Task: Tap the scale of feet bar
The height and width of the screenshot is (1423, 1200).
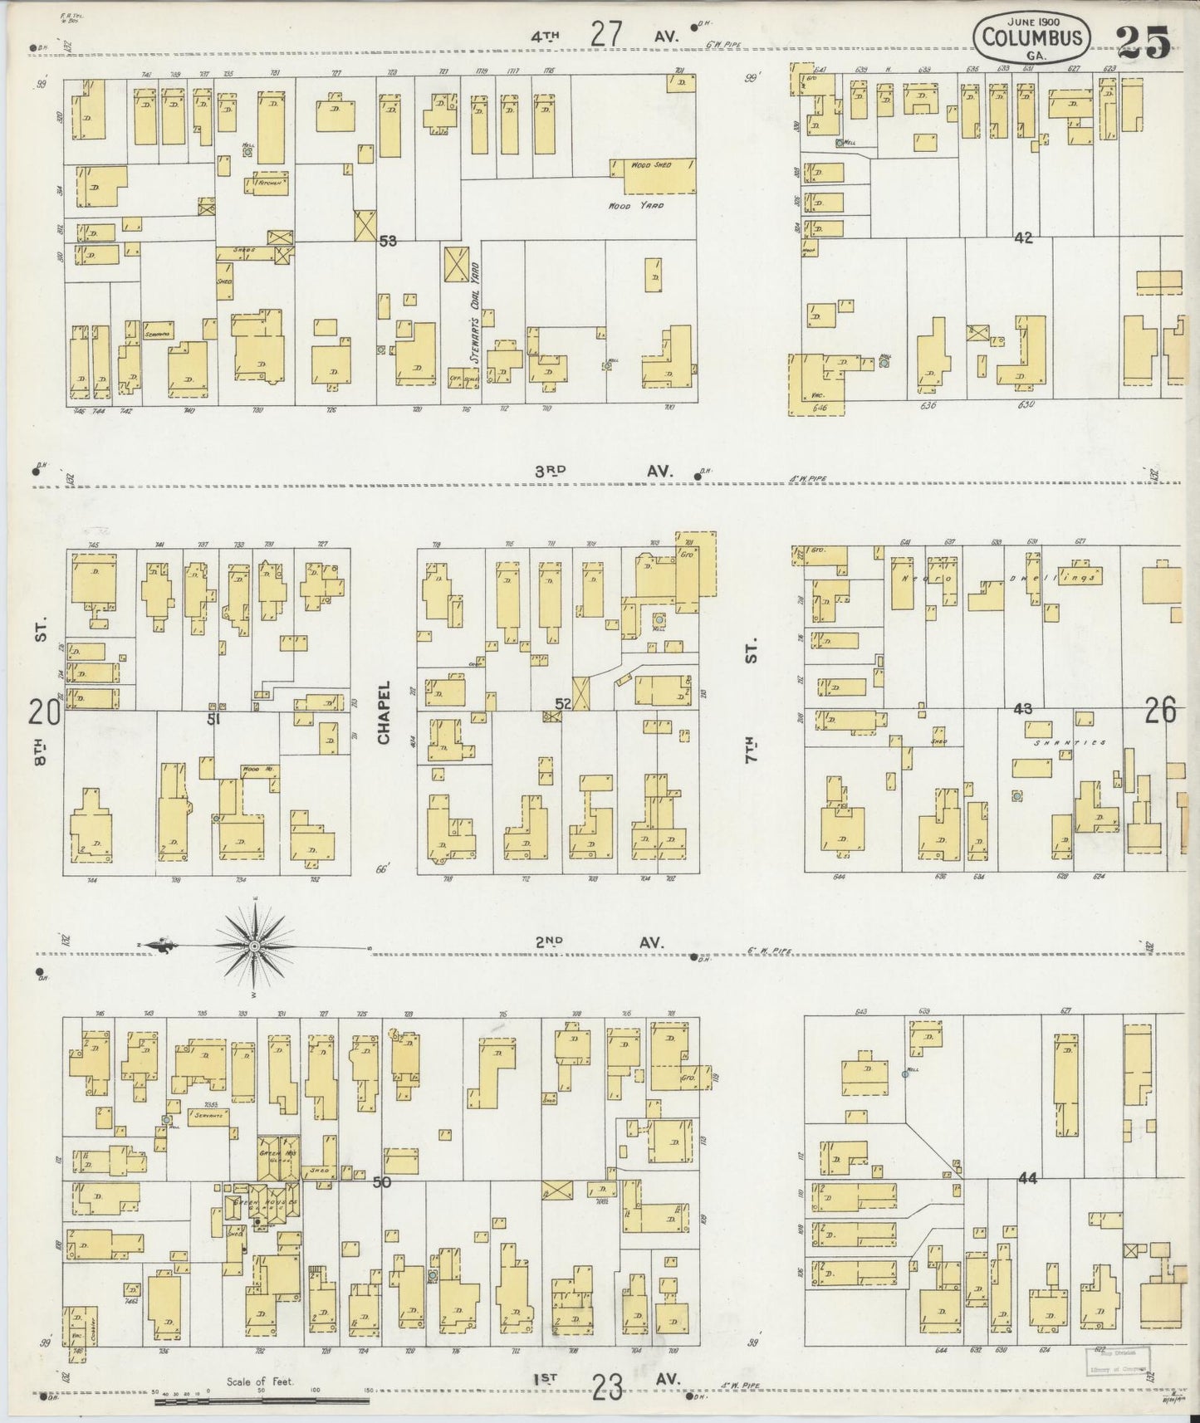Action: point(262,1402)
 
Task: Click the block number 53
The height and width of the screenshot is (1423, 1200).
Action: point(387,242)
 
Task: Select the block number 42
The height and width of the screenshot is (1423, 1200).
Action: point(1022,237)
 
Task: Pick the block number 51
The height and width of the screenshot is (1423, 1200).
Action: point(213,719)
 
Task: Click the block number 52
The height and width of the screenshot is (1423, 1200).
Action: point(563,704)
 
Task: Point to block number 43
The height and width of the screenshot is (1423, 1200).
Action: point(1022,709)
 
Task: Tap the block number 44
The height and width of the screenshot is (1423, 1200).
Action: point(1027,1177)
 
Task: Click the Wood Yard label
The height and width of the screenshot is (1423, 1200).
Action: point(636,205)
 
